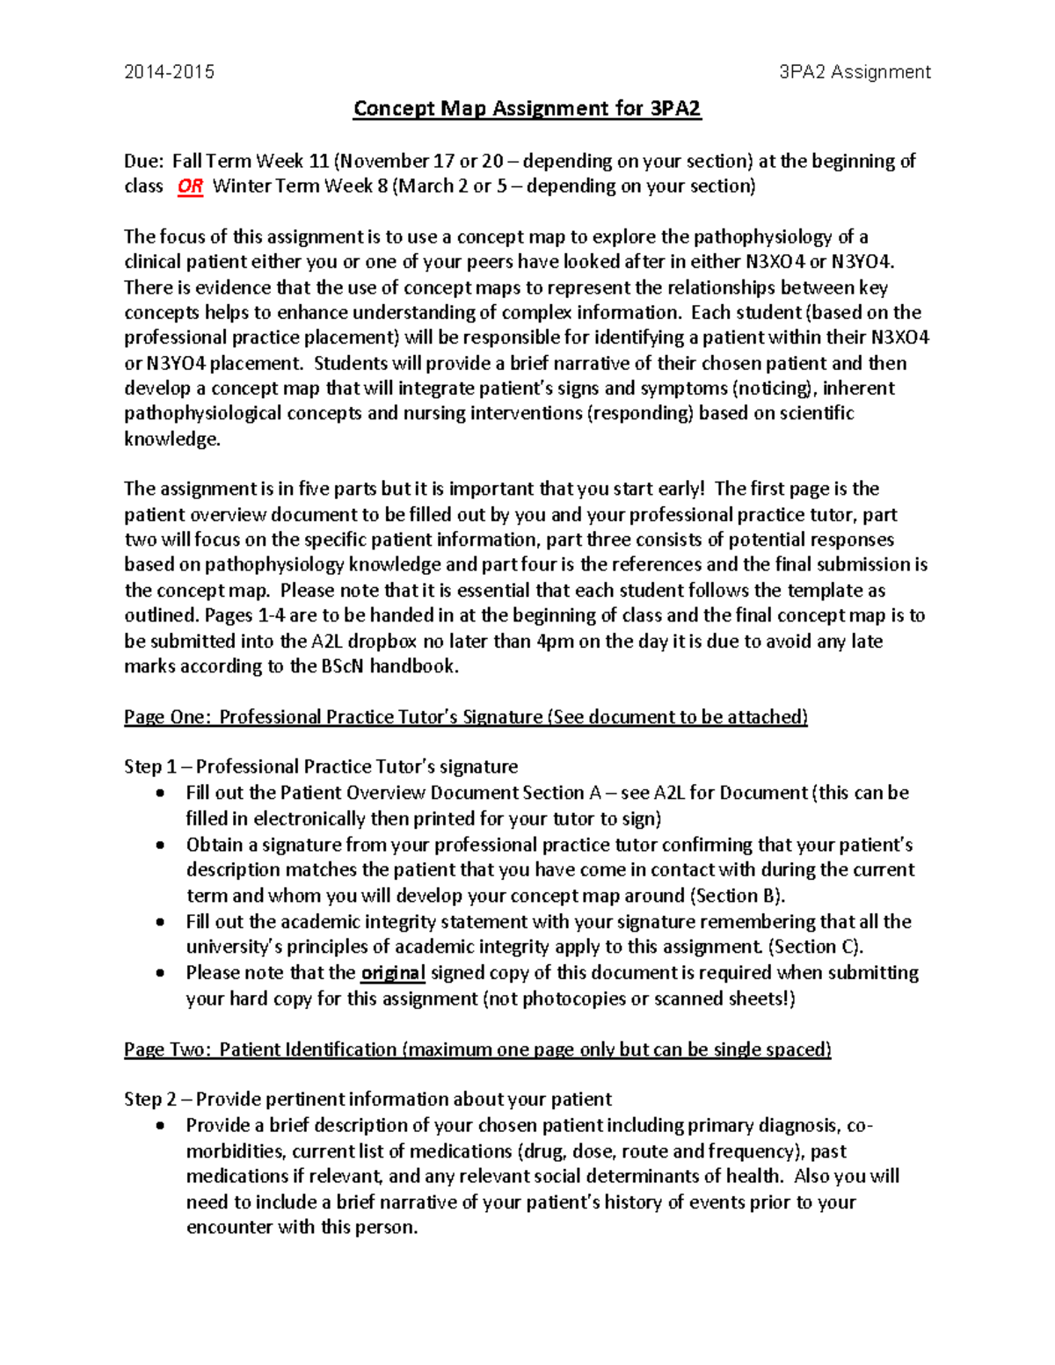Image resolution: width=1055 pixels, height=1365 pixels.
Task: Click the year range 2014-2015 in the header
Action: pyautogui.click(x=169, y=72)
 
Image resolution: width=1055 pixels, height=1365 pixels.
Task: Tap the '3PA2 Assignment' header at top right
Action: pyautogui.click(x=855, y=72)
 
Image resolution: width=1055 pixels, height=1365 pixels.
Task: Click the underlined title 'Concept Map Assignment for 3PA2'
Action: pyautogui.click(x=527, y=109)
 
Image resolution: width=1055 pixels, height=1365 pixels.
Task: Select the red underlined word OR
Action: pyautogui.click(x=190, y=186)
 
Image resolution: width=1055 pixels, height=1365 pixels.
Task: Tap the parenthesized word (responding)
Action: pyautogui.click(x=640, y=414)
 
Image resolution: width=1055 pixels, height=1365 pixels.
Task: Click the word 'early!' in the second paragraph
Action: pyautogui.click(x=674, y=489)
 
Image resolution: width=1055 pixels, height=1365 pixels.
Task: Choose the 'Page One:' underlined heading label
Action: pyautogui.click(x=167, y=717)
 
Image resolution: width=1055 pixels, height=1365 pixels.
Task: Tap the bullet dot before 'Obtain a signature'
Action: pyautogui.click(x=159, y=846)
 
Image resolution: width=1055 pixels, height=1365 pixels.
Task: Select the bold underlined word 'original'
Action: pyautogui.click(x=393, y=973)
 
